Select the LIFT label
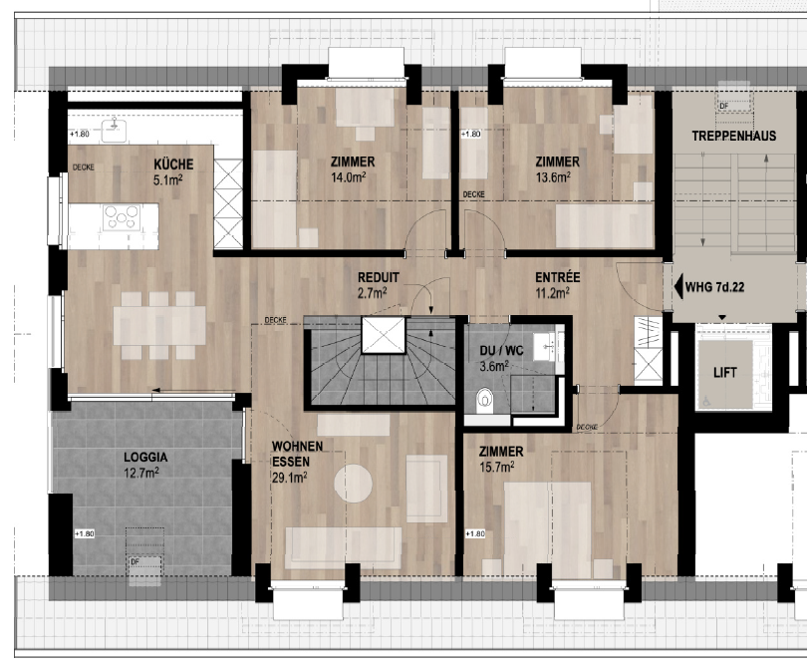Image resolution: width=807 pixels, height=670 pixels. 725,372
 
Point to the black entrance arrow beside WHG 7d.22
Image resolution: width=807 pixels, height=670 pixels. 678,288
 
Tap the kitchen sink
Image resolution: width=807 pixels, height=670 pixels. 119,127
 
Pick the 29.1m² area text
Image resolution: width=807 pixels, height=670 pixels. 289,478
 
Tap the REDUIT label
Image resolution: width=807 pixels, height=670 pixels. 380,277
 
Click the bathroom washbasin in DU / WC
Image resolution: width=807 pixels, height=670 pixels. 546,347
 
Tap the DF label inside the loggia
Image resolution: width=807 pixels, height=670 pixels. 134,561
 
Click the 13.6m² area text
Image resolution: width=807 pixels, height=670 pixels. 553,177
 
